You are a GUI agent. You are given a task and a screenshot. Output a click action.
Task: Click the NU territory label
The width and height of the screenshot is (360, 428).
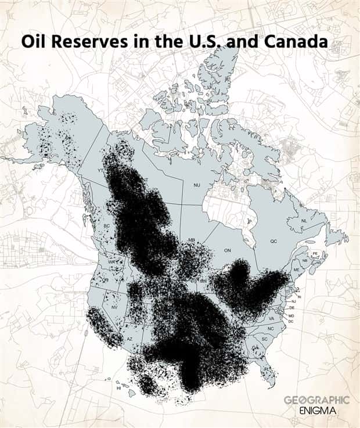(x=197, y=185)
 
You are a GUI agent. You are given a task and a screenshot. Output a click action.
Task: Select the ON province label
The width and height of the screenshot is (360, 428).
(x=228, y=250)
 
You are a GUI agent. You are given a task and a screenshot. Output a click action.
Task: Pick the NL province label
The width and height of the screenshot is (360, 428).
(x=304, y=221)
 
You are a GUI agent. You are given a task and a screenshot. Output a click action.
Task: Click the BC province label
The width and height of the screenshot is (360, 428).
(x=106, y=226)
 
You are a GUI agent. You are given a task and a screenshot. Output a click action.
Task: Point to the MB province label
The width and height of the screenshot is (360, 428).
(x=191, y=239)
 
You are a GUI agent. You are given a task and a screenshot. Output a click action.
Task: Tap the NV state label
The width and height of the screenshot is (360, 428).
(x=114, y=307)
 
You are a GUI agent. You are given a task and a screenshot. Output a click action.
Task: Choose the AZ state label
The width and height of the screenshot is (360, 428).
(x=130, y=339)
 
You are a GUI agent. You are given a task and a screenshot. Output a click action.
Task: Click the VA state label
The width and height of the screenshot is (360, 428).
(x=271, y=318)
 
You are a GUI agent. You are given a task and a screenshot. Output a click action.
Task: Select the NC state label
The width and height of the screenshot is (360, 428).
(x=271, y=329)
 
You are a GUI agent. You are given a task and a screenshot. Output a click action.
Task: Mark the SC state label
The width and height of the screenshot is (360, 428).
(x=265, y=339)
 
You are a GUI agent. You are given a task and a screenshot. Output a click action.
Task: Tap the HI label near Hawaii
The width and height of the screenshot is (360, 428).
(x=118, y=388)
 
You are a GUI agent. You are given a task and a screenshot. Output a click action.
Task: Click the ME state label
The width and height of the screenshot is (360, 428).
(x=297, y=270)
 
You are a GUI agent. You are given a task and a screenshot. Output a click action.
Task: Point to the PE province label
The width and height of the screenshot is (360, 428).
(x=315, y=254)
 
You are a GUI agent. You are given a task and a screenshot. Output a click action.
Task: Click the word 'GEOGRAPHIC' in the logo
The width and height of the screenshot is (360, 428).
(x=316, y=400)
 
